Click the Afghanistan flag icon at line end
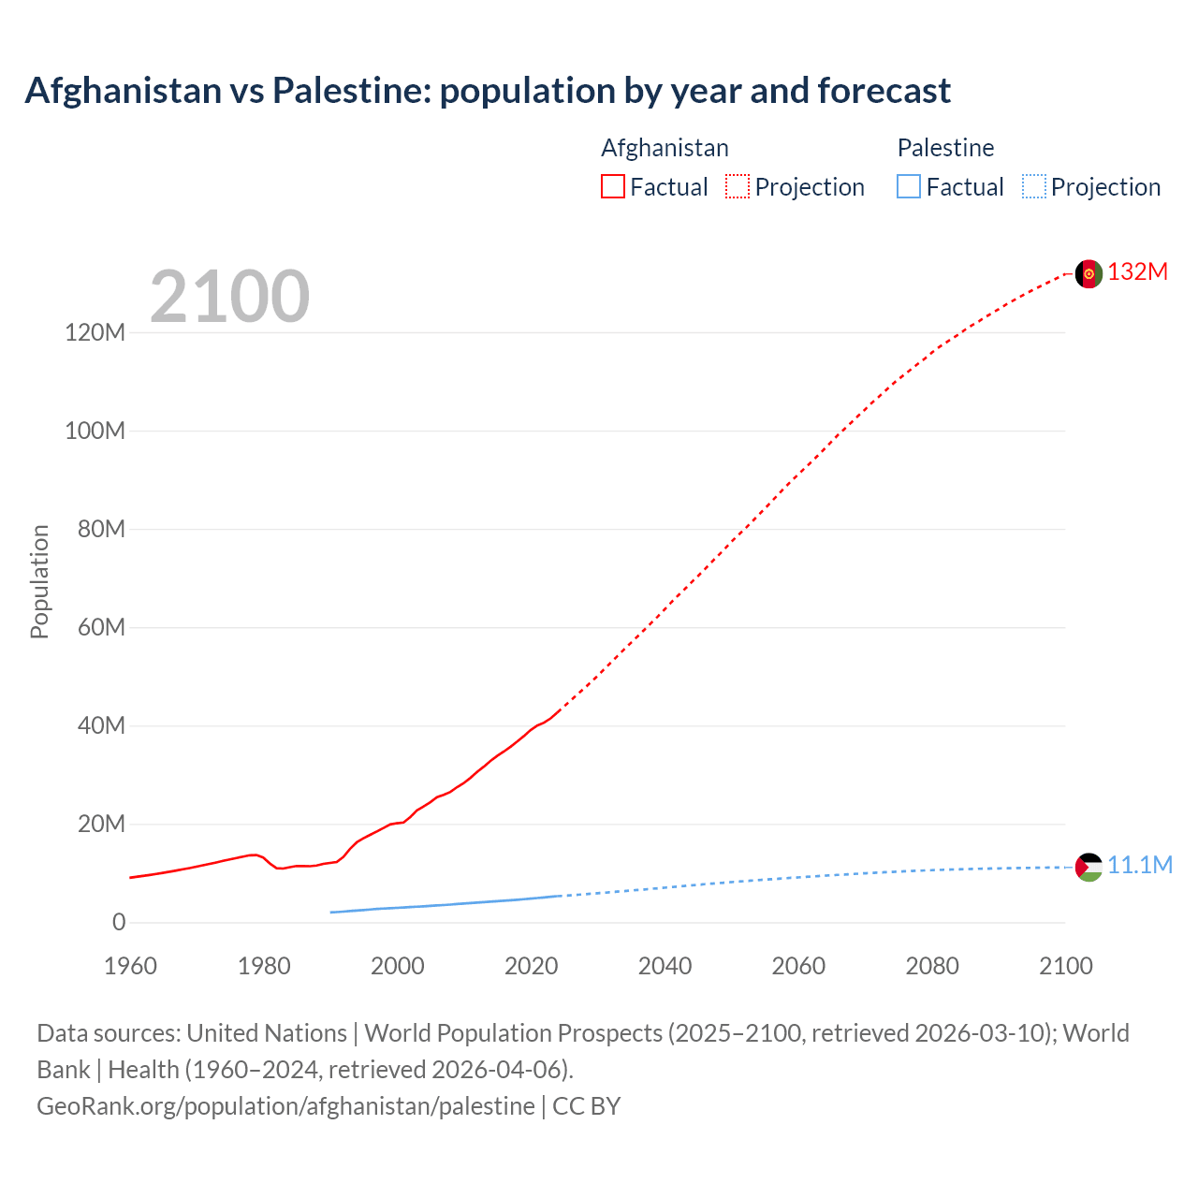coord(1088,273)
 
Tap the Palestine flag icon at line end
coord(1088,867)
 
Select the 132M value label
coord(1138,272)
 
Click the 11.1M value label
coord(1140,866)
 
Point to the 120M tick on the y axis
coord(95,332)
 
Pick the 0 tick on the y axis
coord(118,922)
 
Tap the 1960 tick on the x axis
coord(130,966)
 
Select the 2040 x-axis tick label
coord(665,966)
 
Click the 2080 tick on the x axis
coord(932,966)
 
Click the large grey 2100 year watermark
coord(229,297)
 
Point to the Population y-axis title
coord(39,581)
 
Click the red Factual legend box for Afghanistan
coord(612,187)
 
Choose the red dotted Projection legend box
coord(738,187)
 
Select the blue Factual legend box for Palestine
coord(908,187)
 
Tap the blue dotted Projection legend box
coord(1034,187)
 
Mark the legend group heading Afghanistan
coord(665,148)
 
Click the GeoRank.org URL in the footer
coord(285,1106)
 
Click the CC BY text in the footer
coord(587,1106)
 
